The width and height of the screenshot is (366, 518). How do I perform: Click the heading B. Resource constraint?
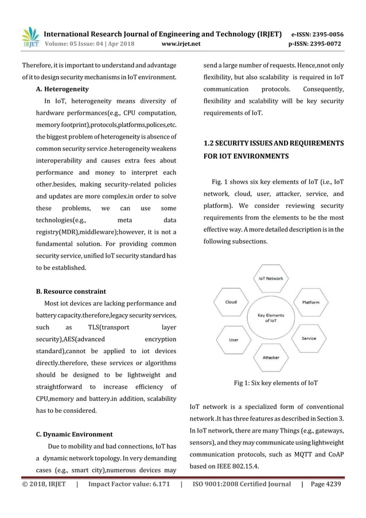(71, 291)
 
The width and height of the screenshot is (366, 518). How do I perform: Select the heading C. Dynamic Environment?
(74, 434)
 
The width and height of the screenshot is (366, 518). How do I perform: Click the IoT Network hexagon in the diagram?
(269, 278)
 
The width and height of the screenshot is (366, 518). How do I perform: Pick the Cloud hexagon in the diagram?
(231, 301)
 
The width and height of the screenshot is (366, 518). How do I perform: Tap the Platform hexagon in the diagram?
(311, 301)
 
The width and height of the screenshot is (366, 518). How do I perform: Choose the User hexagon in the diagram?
(234, 339)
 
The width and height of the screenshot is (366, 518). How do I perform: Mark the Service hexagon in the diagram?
(309, 338)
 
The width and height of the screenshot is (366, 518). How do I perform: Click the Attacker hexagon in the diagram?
(271, 357)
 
